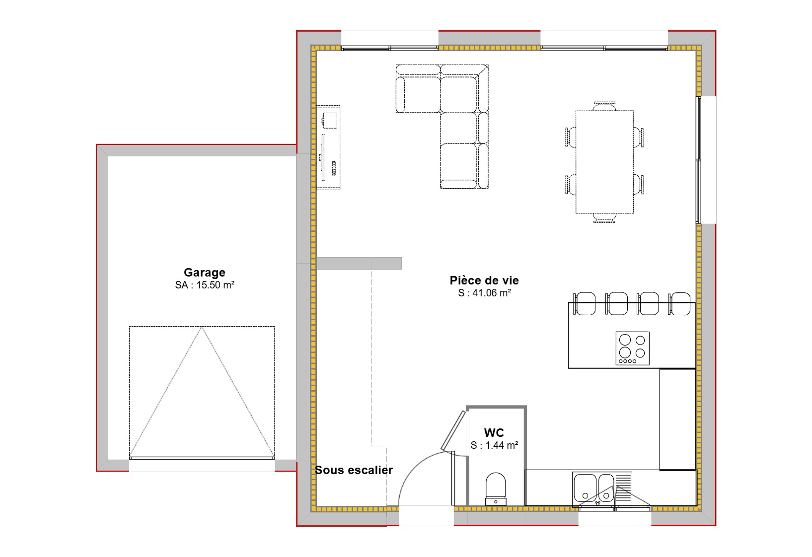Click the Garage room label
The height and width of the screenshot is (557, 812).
point(204,273)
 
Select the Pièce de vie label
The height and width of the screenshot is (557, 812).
point(484,280)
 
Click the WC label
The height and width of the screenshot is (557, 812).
point(494,433)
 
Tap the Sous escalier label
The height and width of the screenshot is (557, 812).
point(354,470)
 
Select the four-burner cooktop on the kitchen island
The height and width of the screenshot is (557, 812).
point(632,348)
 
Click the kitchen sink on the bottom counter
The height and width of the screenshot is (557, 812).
point(593,488)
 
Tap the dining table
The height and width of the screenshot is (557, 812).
point(604,162)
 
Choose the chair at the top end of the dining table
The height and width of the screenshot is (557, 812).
point(604,106)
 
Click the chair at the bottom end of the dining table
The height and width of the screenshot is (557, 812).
point(604,218)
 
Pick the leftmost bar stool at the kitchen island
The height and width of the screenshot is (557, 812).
point(585,303)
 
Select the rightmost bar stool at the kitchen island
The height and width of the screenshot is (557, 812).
point(679,303)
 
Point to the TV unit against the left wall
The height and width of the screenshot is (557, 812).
point(328,147)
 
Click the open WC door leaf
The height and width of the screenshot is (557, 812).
point(453,429)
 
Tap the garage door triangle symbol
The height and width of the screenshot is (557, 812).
point(202,392)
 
